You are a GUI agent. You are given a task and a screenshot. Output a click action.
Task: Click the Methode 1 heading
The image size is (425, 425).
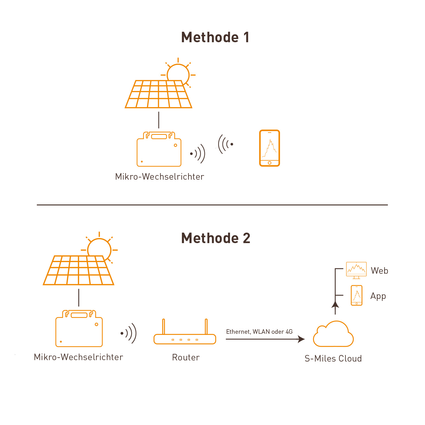pos(215,37)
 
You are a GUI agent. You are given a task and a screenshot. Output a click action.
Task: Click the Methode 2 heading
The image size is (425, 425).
pos(216,238)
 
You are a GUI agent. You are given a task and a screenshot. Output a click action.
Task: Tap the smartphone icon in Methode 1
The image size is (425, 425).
pos(269,148)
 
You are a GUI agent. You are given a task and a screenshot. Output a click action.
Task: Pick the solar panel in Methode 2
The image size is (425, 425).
pos(78,271)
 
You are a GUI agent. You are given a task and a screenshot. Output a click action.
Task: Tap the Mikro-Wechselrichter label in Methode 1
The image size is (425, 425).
pos(160,177)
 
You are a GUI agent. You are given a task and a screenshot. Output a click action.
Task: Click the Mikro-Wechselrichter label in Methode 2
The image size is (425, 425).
pos(78,357)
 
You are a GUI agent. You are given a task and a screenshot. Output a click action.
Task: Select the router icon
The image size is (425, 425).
pos(185,336)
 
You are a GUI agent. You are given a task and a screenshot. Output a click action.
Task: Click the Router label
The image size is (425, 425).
pos(186,357)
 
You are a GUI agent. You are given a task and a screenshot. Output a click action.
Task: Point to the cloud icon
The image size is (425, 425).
pos(333,335)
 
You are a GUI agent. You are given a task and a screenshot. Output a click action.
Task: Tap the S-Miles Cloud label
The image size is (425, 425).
pos(333,358)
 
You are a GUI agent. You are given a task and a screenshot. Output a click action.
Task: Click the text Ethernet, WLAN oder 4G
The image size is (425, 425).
pos(259,331)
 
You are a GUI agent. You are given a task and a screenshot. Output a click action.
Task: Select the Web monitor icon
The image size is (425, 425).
pos(356,270)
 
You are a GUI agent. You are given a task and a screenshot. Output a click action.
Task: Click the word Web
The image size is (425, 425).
pos(379,271)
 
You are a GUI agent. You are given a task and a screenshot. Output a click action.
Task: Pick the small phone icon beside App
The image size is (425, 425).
pos(356,295)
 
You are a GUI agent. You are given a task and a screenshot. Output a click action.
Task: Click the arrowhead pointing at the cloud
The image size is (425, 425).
pos(301,339)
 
